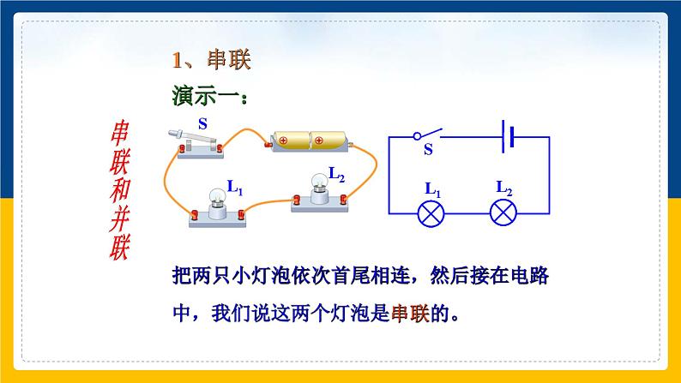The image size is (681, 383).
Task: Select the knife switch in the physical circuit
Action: tap(199, 142)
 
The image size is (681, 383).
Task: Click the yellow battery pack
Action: tap(310, 140)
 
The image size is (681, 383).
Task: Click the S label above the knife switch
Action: tap(202, 122)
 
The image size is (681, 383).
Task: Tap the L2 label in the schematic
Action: tap(505, 187)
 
